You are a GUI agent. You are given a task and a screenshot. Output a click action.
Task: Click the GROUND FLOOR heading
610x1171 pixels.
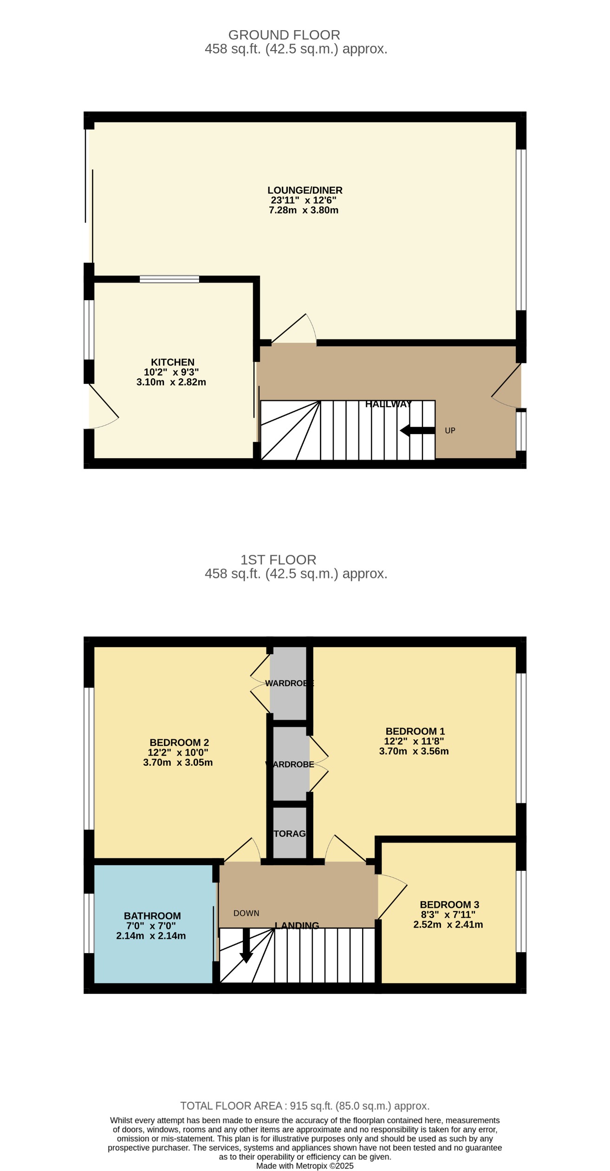[284, 35]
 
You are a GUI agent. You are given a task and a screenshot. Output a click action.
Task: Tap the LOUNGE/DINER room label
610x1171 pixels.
[305, 190]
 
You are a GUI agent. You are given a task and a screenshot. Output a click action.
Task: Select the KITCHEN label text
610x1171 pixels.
[172, 362]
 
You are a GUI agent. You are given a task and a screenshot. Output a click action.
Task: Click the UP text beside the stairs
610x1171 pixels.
[450, 430]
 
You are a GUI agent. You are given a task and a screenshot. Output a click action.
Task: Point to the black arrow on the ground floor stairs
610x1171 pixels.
[417, 430]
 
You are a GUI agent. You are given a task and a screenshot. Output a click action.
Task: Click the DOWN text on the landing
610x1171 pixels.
[246, 913]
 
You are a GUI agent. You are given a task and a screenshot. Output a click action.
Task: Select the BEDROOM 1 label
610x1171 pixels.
[415, 731]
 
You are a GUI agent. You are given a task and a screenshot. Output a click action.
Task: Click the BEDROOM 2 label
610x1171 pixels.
[179, 743]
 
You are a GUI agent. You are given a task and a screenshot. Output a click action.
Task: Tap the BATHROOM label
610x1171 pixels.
[152, 916]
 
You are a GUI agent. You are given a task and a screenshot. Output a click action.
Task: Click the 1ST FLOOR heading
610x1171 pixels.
[278, 559]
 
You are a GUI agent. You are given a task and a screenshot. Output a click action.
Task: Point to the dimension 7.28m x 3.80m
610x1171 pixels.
[303, 210]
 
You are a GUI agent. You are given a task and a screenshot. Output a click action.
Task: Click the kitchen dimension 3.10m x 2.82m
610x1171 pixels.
[171, 382]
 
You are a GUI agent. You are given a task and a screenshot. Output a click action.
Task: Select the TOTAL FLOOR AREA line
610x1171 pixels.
[305, 1106]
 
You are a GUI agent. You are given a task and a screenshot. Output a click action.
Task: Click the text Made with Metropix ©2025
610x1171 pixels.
[305, 1166]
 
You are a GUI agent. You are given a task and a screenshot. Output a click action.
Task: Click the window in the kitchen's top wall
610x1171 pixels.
[169, 279]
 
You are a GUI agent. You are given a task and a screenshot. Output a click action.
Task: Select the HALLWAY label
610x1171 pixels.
[388, 404]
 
